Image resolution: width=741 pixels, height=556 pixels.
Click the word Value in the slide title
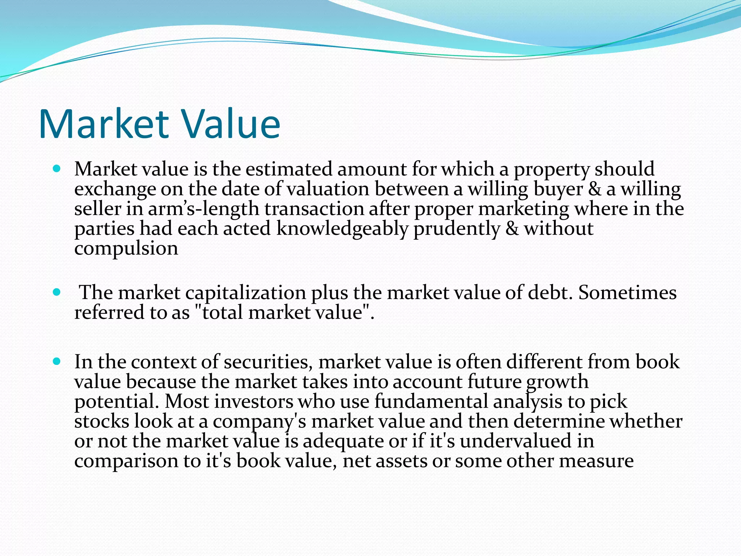pos(231,124)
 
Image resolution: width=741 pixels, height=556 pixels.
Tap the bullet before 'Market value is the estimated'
pos(57,169)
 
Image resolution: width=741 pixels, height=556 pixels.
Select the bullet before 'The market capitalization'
pos(57,292)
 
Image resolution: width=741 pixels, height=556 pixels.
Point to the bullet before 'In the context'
pos(57,361)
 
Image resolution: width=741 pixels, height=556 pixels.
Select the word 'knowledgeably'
pos(342,229)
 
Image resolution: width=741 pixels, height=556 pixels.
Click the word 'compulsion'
pos(126,249)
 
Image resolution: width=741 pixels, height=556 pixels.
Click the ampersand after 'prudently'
pos(512,229)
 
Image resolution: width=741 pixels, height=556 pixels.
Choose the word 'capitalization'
pos(246,293)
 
